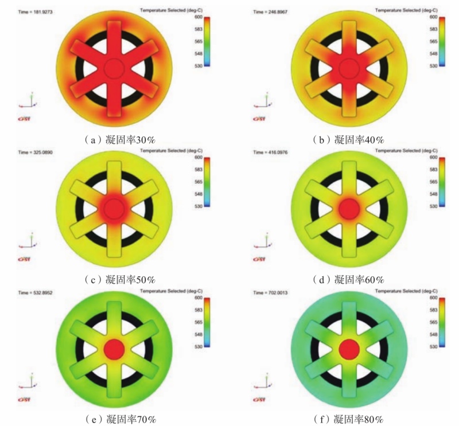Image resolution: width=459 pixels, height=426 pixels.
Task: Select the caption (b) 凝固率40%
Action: pyautogui.click(x=348, y=139)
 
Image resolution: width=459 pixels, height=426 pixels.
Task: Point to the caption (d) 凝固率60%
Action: pyautogui.click(x=348, y=280)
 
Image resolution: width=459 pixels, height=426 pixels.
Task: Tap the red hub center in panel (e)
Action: pyautogui.click(x=114, y=347)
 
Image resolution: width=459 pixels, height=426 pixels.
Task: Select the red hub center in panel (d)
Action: pyautogui.click(x=348, y=208)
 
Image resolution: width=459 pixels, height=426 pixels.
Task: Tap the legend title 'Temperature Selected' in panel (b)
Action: pyautogui.click(x=399, y=10)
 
